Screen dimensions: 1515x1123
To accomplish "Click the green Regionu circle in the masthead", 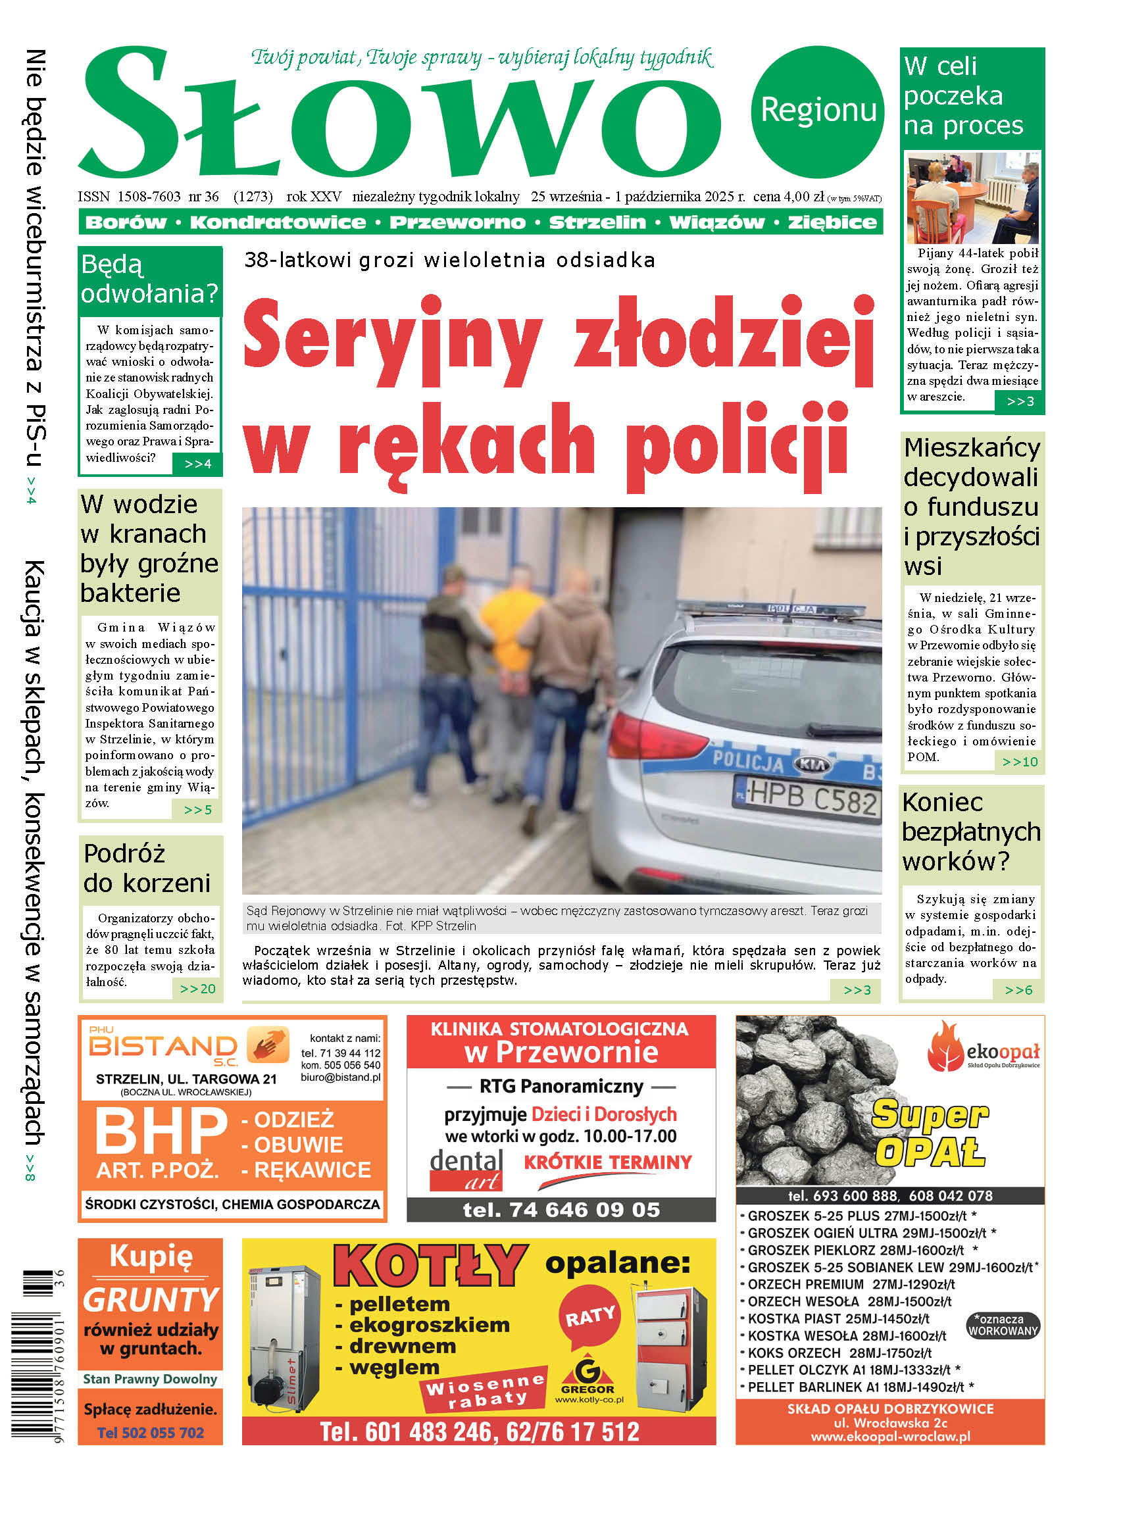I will coord(817,111).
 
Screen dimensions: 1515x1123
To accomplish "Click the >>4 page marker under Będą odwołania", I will coord(198,464).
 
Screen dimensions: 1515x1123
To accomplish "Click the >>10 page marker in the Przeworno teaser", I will coord(1020,762).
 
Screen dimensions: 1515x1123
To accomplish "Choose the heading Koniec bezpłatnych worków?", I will coord(971,832).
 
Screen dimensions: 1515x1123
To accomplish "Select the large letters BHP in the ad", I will coord(161,1131).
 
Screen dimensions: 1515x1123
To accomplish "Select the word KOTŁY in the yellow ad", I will coord(430,1265).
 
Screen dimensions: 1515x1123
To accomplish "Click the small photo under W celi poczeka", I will coord(972,198).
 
